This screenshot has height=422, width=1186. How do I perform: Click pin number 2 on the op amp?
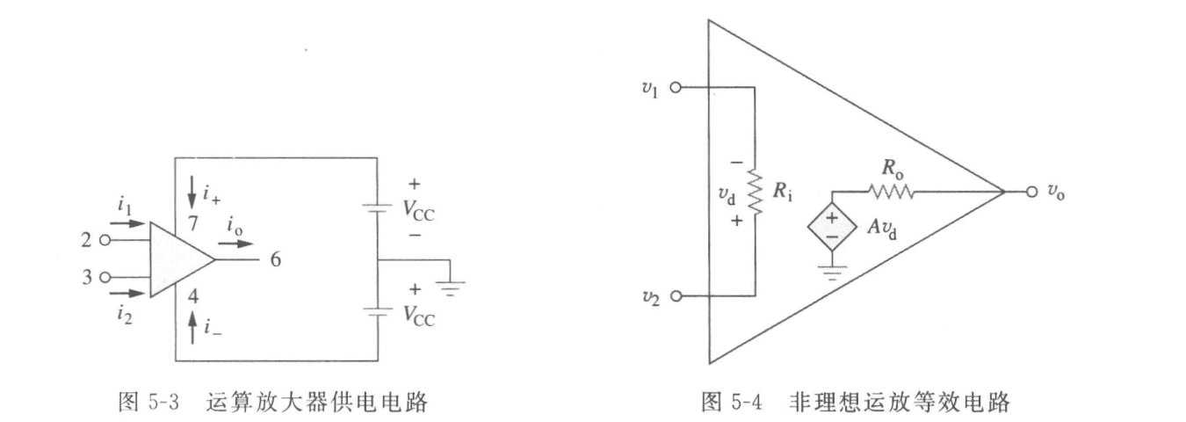85,237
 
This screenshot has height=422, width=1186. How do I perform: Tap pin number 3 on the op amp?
85,277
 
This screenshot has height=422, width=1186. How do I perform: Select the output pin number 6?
275,261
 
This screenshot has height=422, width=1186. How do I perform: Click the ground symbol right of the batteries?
452,283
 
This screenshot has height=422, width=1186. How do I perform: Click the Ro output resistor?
892,191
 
